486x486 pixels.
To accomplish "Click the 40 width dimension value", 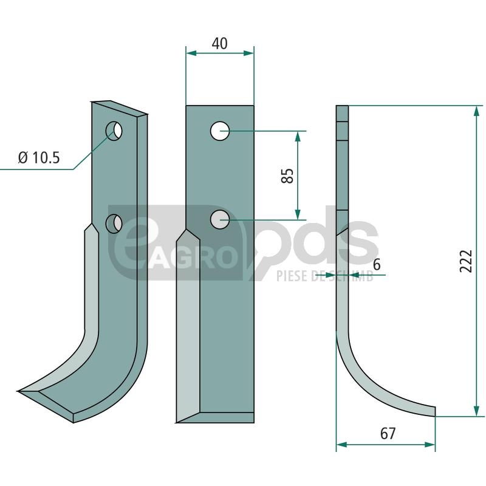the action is (219, 43).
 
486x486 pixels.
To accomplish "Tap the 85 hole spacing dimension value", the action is (287, 176).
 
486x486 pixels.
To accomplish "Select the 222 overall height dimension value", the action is (465, 261).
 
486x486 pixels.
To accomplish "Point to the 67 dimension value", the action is (388, 433).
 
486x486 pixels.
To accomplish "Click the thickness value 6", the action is (377, 265).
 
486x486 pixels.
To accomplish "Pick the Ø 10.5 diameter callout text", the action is (39, 158).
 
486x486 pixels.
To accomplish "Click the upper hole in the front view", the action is (220, 131).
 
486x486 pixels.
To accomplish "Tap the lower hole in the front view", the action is (220, 220).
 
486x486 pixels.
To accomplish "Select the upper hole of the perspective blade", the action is (114, 131).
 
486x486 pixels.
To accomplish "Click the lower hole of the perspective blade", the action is (114, 224).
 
